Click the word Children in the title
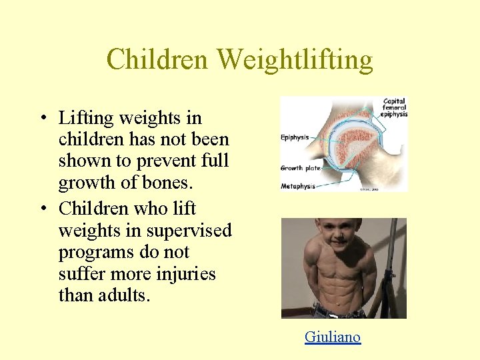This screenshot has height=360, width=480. coord(157,59)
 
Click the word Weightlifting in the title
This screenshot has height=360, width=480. coord(295,61)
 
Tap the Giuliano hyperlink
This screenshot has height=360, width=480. coord(332,337)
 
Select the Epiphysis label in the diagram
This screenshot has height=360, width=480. coord(294,138)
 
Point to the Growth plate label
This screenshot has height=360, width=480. coord(301,168)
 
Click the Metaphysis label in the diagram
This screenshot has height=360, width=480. coord(297,185)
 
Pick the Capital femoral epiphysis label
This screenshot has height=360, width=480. coord(394,108)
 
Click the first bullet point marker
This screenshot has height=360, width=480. coord(42,119)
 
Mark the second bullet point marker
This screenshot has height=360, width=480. coord(42,209)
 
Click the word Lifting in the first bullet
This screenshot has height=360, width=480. coord(84,119)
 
